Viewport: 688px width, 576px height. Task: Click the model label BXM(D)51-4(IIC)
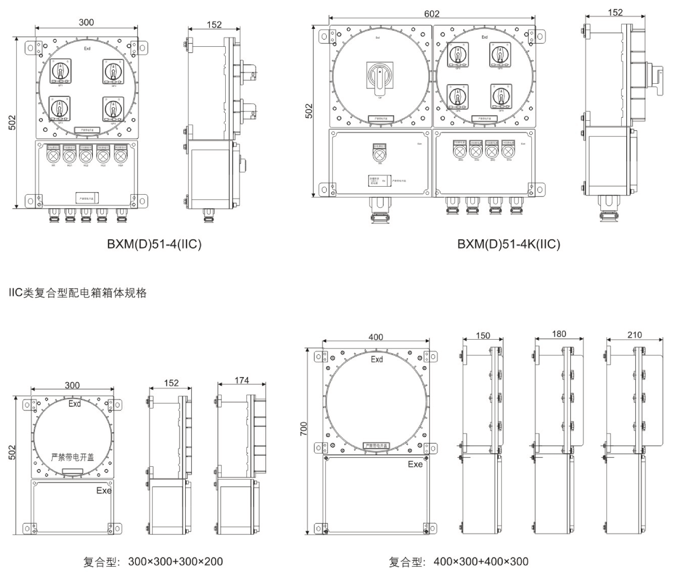point(154,244)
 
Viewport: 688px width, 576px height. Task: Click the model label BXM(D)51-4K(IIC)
point(509,244)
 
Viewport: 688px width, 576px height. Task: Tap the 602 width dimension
point(432,14)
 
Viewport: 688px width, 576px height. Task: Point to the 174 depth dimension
point(242,380)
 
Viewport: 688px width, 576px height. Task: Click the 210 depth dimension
point(634,335)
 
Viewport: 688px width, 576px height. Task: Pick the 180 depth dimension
point(559,334)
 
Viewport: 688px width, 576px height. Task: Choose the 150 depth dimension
point(483,335)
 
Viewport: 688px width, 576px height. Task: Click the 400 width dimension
point(376,337)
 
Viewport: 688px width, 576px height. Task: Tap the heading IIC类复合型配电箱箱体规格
point(77,293)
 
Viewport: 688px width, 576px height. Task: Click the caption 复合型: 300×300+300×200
point(153,562)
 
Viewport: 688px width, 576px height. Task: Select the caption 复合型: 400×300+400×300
point(459,562)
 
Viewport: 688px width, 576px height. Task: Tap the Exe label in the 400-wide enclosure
point(415,464)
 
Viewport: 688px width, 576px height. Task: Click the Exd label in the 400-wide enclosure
point(377,359)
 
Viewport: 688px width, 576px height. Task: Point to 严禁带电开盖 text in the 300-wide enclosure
point(72,457)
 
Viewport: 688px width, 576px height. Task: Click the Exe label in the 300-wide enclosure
point(103,491)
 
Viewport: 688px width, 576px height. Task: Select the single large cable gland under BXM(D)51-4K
point(379,210)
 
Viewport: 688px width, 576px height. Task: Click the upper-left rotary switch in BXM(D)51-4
point(60,71)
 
